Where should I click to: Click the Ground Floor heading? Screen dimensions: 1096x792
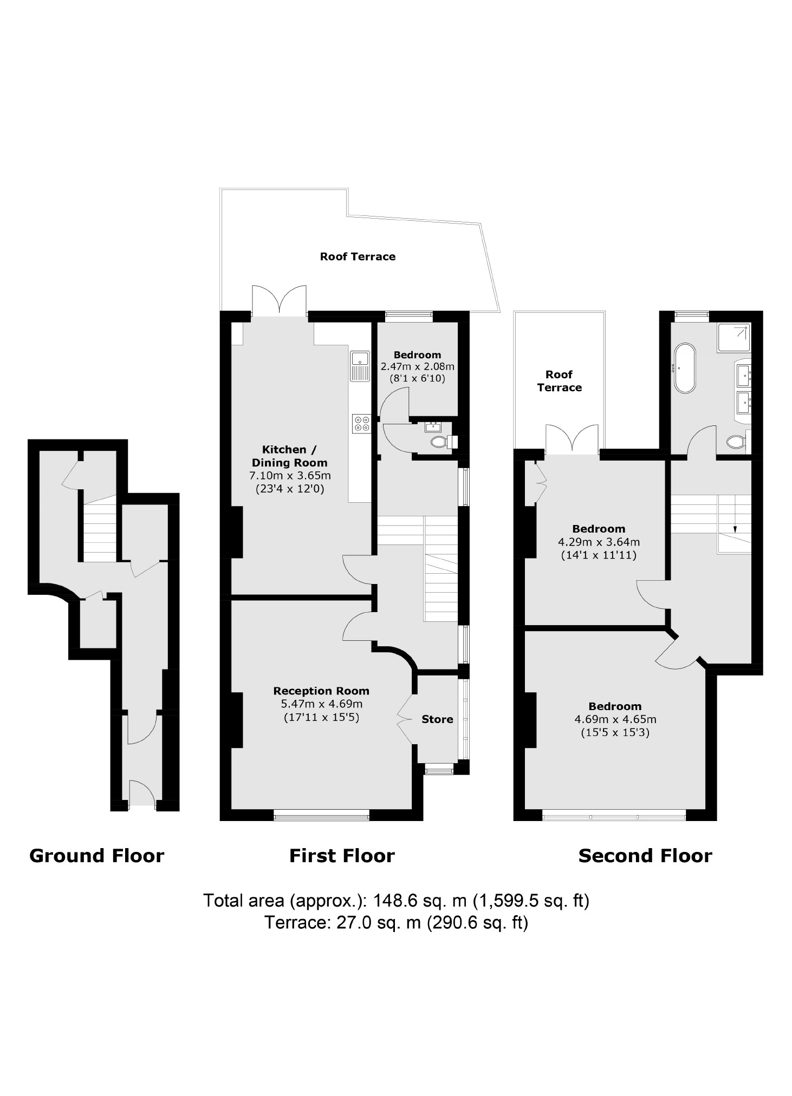tap(96, 856)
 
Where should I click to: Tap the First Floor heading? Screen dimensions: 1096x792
tap(342, 856)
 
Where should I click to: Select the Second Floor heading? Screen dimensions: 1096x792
tap(645, 856)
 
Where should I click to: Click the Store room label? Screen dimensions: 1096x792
tap(437, 719)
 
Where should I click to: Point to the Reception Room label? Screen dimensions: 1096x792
tap(321, 691)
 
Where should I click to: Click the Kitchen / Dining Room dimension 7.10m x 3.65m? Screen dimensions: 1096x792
tap(290, 476)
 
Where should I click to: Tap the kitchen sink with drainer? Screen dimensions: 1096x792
tap(360, 365)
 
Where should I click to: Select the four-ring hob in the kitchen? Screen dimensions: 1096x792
tap(361, 423)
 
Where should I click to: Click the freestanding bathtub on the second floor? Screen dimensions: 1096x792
tap(685, 367)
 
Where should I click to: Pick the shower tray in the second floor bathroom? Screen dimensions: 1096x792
tap(734, 338)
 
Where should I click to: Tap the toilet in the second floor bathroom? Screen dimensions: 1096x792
tap(736, 442)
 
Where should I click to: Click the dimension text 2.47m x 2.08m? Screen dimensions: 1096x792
tap(417, 366)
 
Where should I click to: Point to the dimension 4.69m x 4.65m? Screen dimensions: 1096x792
tap(615, 719)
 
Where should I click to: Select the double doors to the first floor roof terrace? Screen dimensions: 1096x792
tap(280, 301)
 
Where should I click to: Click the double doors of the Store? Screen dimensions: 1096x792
tap(404, 719)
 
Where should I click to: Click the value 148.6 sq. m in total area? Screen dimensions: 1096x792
tap(420, 901)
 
